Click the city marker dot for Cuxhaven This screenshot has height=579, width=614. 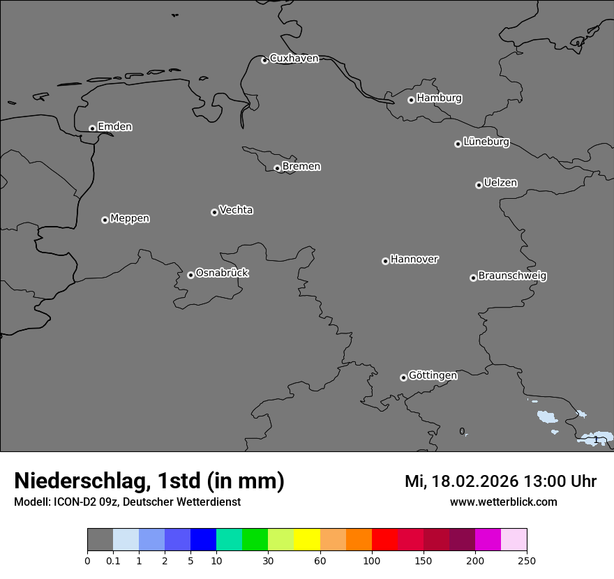264,60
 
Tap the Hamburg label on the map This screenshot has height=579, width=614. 439,98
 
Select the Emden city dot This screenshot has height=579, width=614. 92,128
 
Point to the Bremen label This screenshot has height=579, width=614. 301,167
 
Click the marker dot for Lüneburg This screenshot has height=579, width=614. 458,144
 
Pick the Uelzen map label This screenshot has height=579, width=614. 500,183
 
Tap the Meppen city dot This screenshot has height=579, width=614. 105,220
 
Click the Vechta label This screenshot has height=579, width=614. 236,210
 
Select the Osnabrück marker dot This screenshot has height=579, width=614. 190,275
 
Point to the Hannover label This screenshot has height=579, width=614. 414,260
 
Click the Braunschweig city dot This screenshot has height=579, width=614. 473,278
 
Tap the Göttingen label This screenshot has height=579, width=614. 433,375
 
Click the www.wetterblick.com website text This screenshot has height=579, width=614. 503,502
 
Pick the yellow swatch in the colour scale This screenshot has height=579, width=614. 307,540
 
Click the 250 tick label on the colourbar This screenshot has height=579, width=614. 527,560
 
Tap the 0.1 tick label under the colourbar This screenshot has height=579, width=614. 113,560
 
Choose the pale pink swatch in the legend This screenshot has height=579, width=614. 514,540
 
